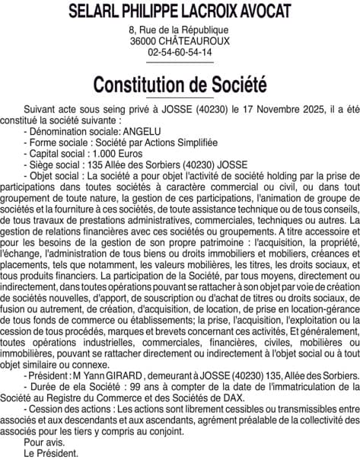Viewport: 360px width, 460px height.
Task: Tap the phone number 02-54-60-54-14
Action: (180, 53)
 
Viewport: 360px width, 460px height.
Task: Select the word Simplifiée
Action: (191, 142)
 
